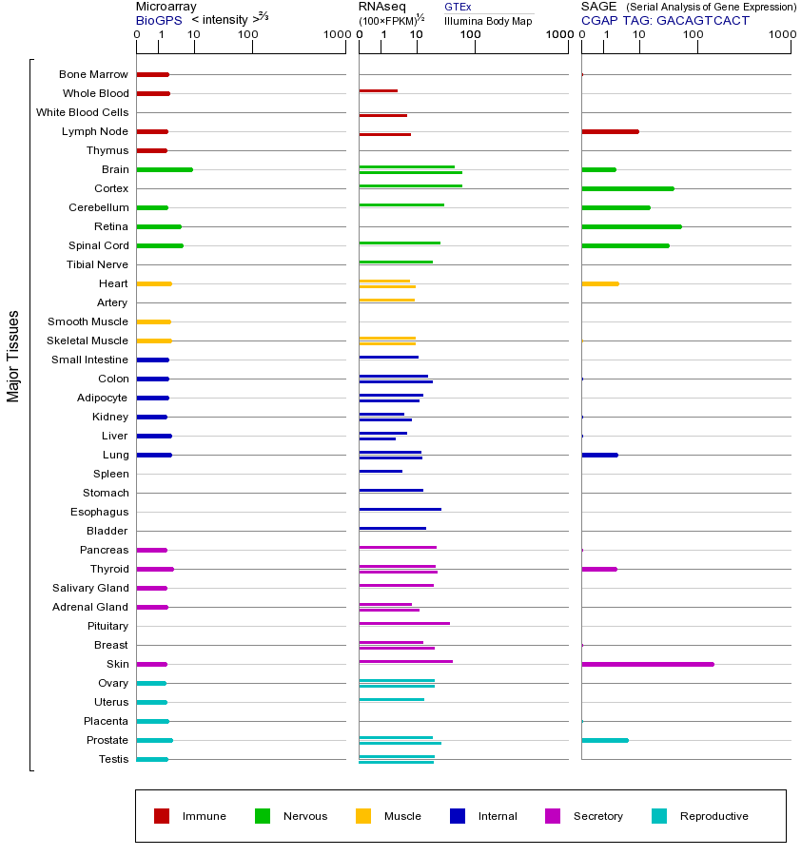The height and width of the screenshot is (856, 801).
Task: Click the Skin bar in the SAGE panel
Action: (647, 664)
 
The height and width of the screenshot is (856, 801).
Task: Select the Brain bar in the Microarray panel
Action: (165, 169)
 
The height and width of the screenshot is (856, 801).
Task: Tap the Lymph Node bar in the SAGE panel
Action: (610, 131)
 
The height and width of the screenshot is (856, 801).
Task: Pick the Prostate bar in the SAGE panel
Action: (604, 740)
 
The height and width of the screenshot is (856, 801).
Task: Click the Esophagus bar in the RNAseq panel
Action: (400, 509)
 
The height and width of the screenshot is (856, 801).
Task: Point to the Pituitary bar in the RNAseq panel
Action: (404, 623)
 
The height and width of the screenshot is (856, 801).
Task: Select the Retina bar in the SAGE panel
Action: (631, 226)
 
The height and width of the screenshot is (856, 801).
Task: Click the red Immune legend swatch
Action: (162, 816)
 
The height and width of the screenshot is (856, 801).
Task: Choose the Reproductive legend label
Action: (713, 816)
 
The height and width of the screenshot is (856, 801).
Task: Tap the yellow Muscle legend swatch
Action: (363, 816)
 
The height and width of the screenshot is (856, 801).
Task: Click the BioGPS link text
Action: (156, 20)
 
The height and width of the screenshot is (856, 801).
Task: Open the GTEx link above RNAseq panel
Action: (458, 7)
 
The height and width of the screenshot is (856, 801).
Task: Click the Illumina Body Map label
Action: (488, 20)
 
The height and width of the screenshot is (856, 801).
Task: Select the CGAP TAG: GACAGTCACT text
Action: (665, 20)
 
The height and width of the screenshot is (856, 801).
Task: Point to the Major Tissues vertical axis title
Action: (13, 356)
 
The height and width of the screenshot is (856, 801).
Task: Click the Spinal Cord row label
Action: (98, 245)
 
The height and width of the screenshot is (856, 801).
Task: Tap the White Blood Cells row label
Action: (82, 112)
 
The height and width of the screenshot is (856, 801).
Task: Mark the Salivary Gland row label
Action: (90, 588)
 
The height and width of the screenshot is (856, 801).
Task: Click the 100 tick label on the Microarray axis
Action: (247, 35)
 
